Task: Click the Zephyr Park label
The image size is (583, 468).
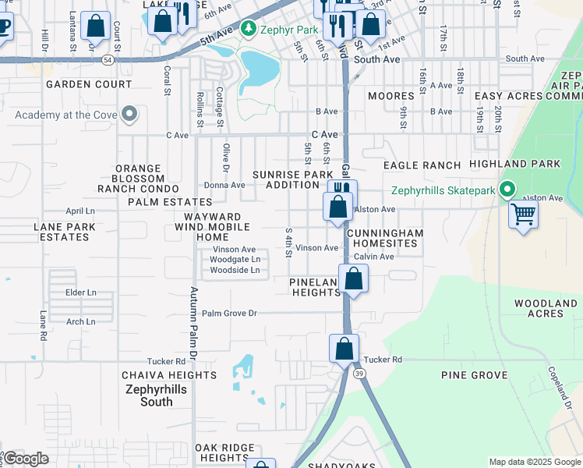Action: pos(290,30)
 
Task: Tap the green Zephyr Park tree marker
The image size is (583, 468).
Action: pos(248,30)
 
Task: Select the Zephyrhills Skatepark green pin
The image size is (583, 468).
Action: pos(507,190)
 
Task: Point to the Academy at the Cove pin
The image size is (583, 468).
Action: pos(129,115)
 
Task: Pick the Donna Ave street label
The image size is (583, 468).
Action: pos(224,186)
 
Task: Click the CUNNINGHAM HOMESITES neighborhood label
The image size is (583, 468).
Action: pos(385,238)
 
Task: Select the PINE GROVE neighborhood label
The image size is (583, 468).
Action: pos(474,375)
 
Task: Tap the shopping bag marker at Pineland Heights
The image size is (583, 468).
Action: pos(353,279)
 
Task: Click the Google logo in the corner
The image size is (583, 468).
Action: pos(25,459)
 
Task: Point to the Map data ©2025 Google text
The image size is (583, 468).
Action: pos(534,462)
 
